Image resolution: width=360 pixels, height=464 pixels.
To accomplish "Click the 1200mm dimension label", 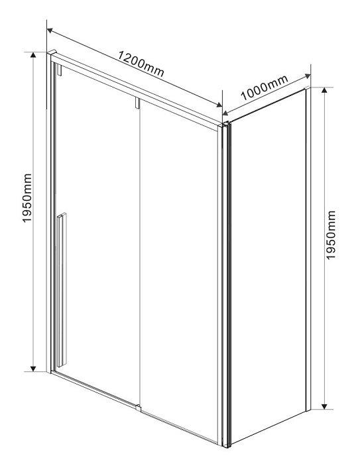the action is (x=141, y=64).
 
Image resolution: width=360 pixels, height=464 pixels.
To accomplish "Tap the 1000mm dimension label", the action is (x=264, y=87).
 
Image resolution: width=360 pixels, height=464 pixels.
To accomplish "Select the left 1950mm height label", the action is (x=27, y=198).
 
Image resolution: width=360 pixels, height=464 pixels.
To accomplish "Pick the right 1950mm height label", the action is (x=331, y=235).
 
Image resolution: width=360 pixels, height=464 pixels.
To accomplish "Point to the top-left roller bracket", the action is (x=59, y=70).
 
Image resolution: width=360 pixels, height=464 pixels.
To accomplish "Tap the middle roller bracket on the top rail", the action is (x=137, y=103).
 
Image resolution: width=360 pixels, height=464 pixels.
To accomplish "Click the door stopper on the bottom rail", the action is (x=138, y=408).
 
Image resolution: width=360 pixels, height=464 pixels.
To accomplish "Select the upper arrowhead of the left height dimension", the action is (x=33, y=55).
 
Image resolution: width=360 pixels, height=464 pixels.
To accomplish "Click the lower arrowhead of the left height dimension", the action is (x=33, y=369).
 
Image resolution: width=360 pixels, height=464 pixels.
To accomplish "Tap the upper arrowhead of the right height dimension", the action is (x=324, y=90).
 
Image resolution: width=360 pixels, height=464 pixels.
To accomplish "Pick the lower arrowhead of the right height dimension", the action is (x=324, y=406).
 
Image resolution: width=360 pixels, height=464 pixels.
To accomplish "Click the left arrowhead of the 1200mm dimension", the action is (x=50, y=30).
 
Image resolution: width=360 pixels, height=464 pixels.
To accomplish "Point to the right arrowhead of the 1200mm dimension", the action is (x=219, y=105).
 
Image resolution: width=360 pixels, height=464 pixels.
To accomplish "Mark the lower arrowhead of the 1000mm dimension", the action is (x=225, y=113).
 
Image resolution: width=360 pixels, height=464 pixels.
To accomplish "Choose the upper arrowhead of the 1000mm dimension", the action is (x=308, y=76).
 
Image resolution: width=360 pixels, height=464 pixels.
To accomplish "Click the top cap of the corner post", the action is (x=225, y=125).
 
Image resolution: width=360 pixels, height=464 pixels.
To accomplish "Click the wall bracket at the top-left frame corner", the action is (x=52, y=52).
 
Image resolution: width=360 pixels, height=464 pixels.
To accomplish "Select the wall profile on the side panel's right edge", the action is (x=308, y=249).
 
